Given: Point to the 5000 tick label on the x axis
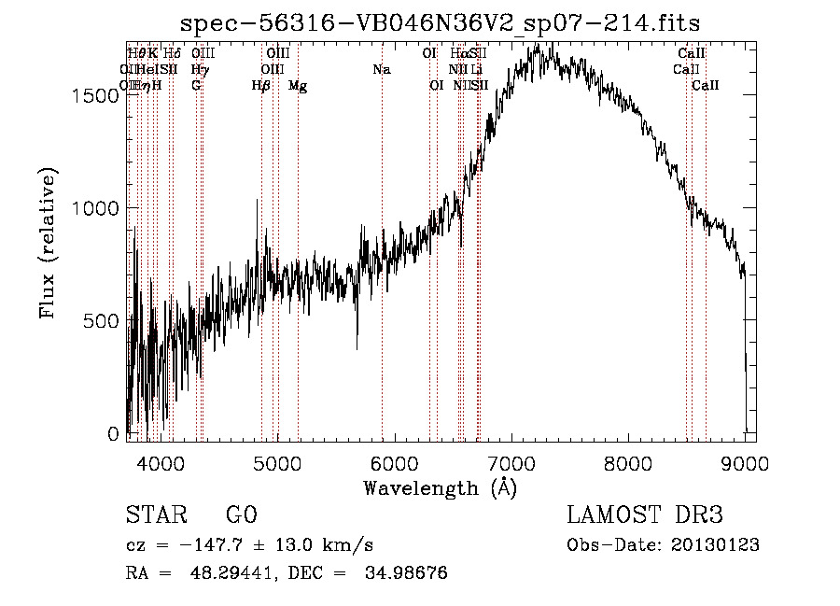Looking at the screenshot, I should point(277,462).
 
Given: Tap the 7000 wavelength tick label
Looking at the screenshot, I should point(511,462).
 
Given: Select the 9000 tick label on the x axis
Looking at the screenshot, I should point(745,462).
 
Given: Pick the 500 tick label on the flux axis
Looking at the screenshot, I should point(104,321).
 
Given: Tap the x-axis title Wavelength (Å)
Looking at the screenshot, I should point(440,487).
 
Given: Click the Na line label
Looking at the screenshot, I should point(381,69).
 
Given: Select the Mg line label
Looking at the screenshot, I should point(298,86).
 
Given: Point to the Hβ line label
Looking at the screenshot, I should point(261,86).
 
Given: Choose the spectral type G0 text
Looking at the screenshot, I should point(241,515).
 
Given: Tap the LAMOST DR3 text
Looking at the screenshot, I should point(645,515).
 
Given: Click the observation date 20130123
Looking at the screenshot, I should point(716,545).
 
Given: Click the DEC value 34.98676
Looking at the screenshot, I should point(406,573).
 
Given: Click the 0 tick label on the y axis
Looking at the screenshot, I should point(114,434).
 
